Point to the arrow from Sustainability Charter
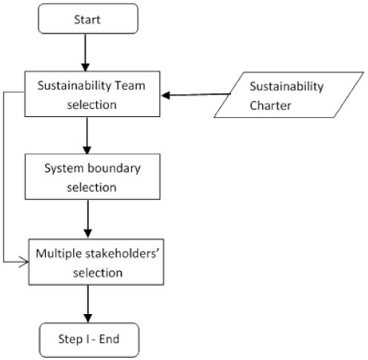[195, 95]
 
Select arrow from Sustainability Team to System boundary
[88, 135]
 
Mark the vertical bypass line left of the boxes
[5, 178]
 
